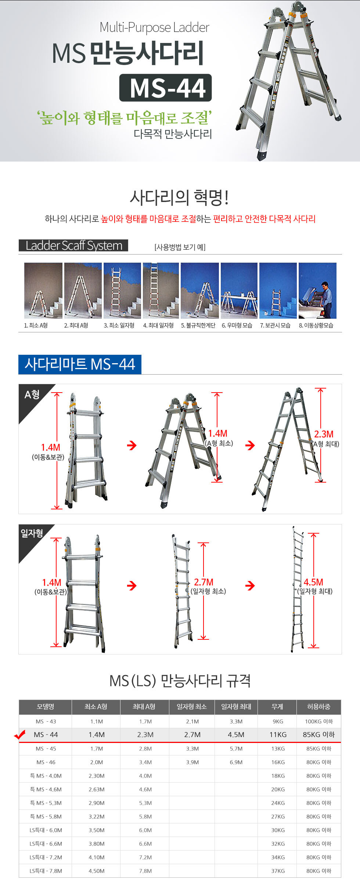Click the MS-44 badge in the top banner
(x=165, y=88)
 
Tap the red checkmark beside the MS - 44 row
(x=19, y=735)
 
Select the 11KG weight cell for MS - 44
(x=278, y=735)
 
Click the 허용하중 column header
(x=318, y=707)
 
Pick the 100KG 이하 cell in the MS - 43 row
(x=319, y=721)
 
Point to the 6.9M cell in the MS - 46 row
(x=236, y=762)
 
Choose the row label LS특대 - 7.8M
(x=46, y=871)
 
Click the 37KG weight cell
(x=278, y=871)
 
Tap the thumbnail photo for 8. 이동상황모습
(x=317, y=290)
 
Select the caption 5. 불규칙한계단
(x=198, y=325)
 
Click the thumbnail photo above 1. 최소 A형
(x=43, y=290)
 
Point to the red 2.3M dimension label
(x=324, y=434)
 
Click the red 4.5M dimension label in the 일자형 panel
(x=313, y=582)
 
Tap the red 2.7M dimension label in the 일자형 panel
(x=204, y=582)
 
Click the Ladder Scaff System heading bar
(x=73, y=245)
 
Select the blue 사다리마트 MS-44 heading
(x=80, y=364)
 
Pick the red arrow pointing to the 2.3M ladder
(x=250, y=445)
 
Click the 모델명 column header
(x=46, y=707)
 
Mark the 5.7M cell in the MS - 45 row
(x=236, y=748)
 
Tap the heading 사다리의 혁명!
(x=180, y=198)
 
